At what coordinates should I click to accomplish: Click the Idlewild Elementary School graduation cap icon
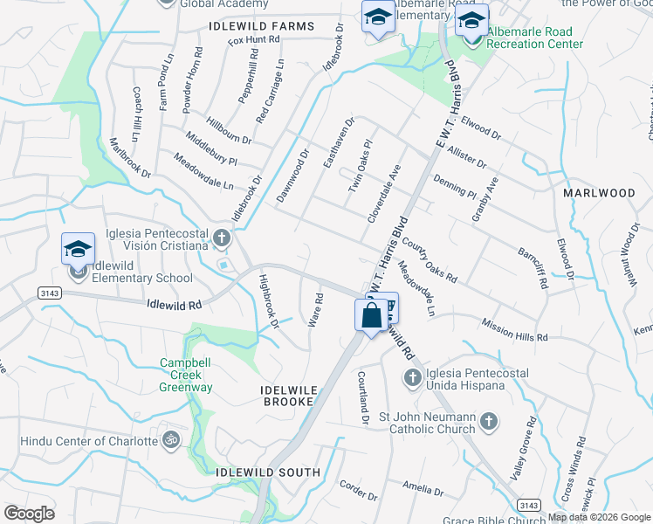tap(78, 249)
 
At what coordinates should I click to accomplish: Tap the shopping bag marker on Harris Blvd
tap(370, 315)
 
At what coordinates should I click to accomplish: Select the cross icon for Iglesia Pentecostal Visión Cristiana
tap(222, 237)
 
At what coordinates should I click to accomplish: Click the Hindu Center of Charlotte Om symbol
tap(168, 439)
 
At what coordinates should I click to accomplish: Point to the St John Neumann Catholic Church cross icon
tap(489, 421)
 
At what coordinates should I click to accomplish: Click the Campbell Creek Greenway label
tap(186, 375)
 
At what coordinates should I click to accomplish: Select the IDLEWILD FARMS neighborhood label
tap(261, 26)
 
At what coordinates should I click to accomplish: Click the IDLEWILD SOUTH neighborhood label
tap(268, 472)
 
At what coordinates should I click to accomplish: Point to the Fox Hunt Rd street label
tap(253, 40)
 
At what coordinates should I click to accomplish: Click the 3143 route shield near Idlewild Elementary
tap(50, 294)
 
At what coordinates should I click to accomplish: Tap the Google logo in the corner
tap(29, 513)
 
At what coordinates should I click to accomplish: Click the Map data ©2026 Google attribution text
tap(599, 517)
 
